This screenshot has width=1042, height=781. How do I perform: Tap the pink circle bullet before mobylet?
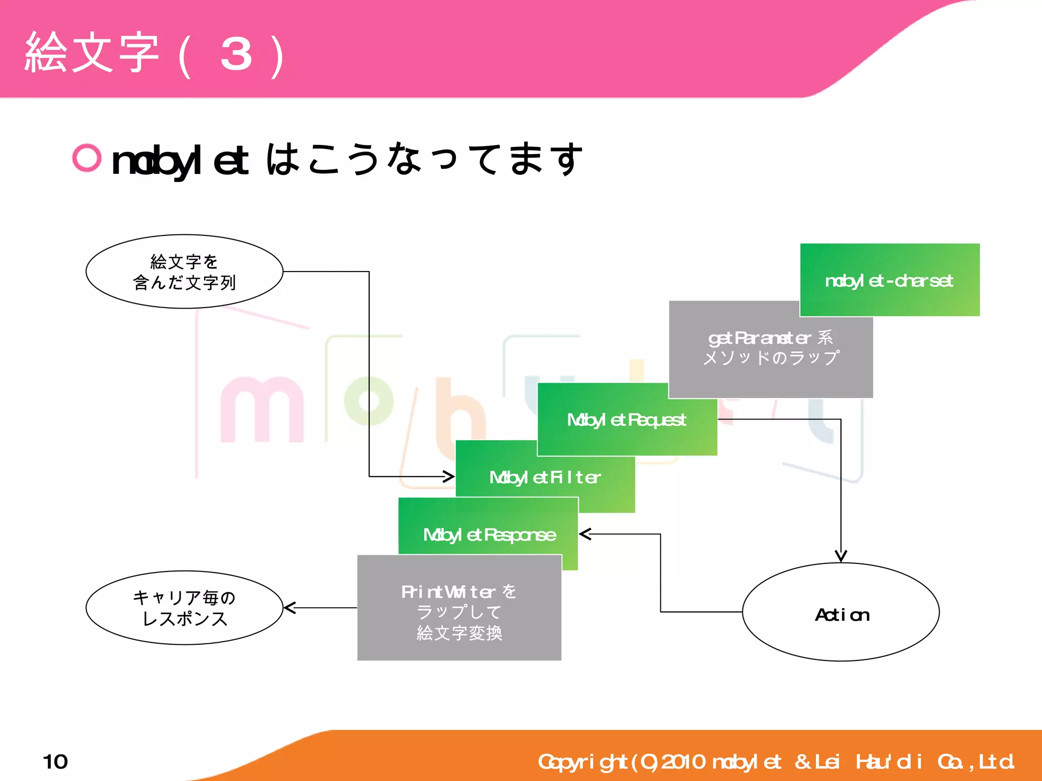pyautogui.click(x=87, y=158)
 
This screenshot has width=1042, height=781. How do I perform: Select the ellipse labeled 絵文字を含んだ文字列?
pyautogui.click(x=184, y=272)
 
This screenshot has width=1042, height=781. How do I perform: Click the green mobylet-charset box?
pyautogui.click(x=889, y=280)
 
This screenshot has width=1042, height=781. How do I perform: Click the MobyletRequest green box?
pyautogui.click(x=627, y=420)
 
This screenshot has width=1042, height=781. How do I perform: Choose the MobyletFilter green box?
pyautogui.click(x=544, y=477)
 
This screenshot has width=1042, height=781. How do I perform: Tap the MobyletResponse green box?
pyautogui.click(x=488, y=534)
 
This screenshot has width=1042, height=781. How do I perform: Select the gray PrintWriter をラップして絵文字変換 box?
pyautogui.click(x=459, y=612)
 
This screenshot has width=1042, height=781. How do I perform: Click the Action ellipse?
pyautogui.click(x=841, y=612)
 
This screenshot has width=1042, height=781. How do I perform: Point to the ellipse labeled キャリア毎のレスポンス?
pyautogui.click(x=184, y=608)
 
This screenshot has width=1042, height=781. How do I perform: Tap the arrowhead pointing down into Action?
pyautogui.click(x=841, y=557)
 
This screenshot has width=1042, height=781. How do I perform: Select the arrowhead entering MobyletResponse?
pyautogui.click(x=585, y=534)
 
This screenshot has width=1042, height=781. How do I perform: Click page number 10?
pyautogui.click(x=55, y=762)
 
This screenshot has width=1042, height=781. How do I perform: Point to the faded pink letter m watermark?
pyautogui.click(x=262, y=410)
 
